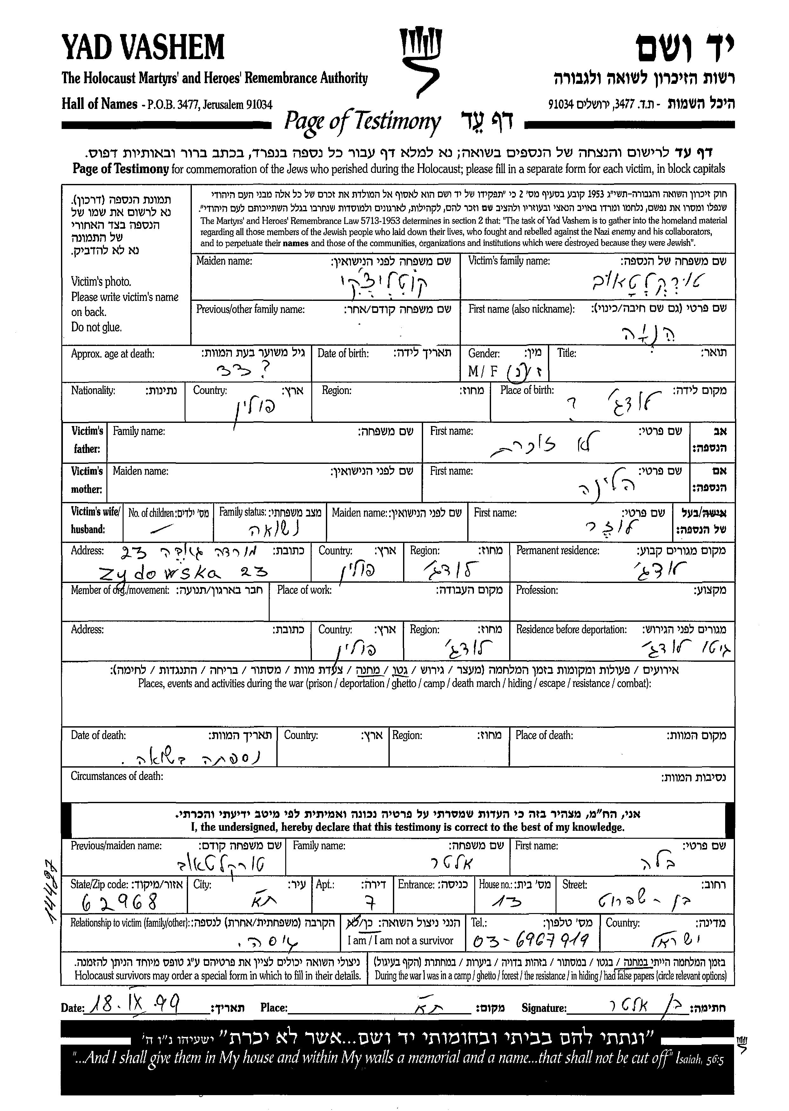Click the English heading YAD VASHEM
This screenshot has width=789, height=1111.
click(143, 48)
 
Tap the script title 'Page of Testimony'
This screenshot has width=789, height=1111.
click(362, 121)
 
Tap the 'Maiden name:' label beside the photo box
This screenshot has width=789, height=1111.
click(224, 261)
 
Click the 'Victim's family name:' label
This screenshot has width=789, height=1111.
click(509, 261)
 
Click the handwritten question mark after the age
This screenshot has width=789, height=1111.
click(265, 372)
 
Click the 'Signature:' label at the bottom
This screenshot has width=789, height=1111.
click(544, 1008)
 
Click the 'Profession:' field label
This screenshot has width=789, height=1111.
click(536, 590)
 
